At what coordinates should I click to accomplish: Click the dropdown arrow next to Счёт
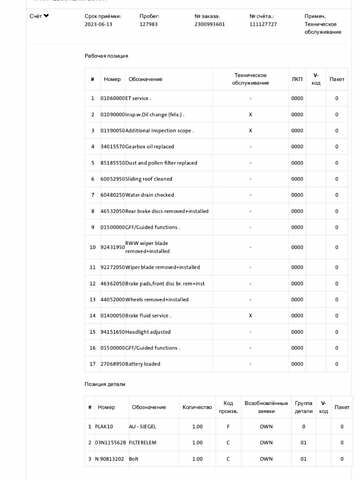47,17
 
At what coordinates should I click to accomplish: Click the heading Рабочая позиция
106,58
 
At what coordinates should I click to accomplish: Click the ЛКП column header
297,78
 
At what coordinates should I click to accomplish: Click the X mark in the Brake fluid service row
250,314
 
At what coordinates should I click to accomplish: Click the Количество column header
197,407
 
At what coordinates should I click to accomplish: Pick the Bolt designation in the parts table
133,458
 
